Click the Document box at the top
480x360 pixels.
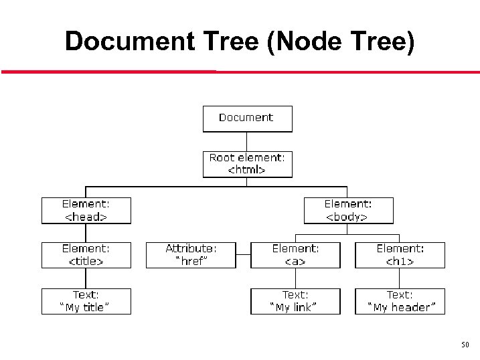pos(248,118)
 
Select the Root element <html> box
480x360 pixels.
pos(248,164)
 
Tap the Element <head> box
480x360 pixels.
pos(86,210)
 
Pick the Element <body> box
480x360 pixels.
pos(349,210)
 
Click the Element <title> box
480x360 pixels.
pos(86,255)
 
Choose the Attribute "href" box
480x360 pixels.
pos(191,255)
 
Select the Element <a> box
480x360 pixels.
pos(295,255)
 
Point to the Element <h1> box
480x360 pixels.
pos(400,255)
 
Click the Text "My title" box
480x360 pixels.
pos(86,301)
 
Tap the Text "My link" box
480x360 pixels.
pos(295,301)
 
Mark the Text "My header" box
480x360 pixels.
pos(400,301)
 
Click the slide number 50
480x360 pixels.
pos(465,345)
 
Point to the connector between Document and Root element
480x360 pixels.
pos(248,141)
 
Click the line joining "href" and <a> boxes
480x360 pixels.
pos(244,255)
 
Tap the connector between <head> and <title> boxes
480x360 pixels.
pos(86,233)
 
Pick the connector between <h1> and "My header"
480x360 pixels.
pos(400,278)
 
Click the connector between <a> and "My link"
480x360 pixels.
pos(295,278)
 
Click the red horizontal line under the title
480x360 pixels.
pos(241,72)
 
